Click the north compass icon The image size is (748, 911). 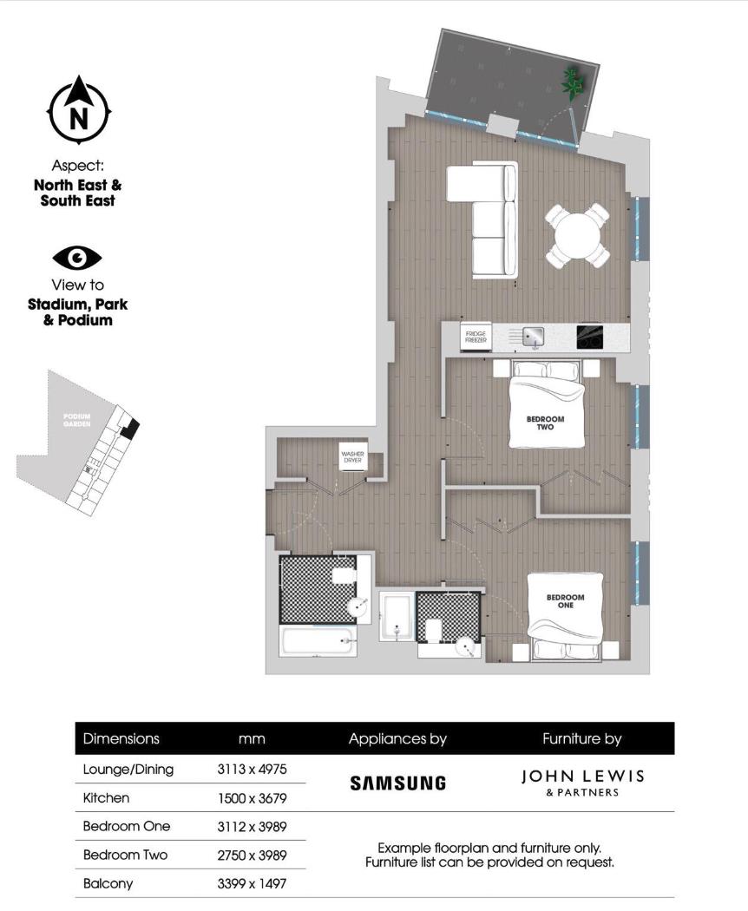(78, 111)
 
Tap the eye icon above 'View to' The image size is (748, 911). (77, 258)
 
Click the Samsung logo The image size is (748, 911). (397, 783)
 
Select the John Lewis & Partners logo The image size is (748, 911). (582, 781)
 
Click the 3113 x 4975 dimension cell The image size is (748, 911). (251, 769)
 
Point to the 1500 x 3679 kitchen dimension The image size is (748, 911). (251, 797)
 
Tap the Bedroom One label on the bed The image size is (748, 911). (565, 600)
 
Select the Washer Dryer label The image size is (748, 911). (351, 457)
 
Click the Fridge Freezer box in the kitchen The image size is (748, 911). (476, 338)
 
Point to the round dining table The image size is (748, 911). (577, 234)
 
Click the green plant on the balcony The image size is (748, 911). (574, 82)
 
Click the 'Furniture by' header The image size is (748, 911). (581, 739)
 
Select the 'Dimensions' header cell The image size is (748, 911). (121, 739)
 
